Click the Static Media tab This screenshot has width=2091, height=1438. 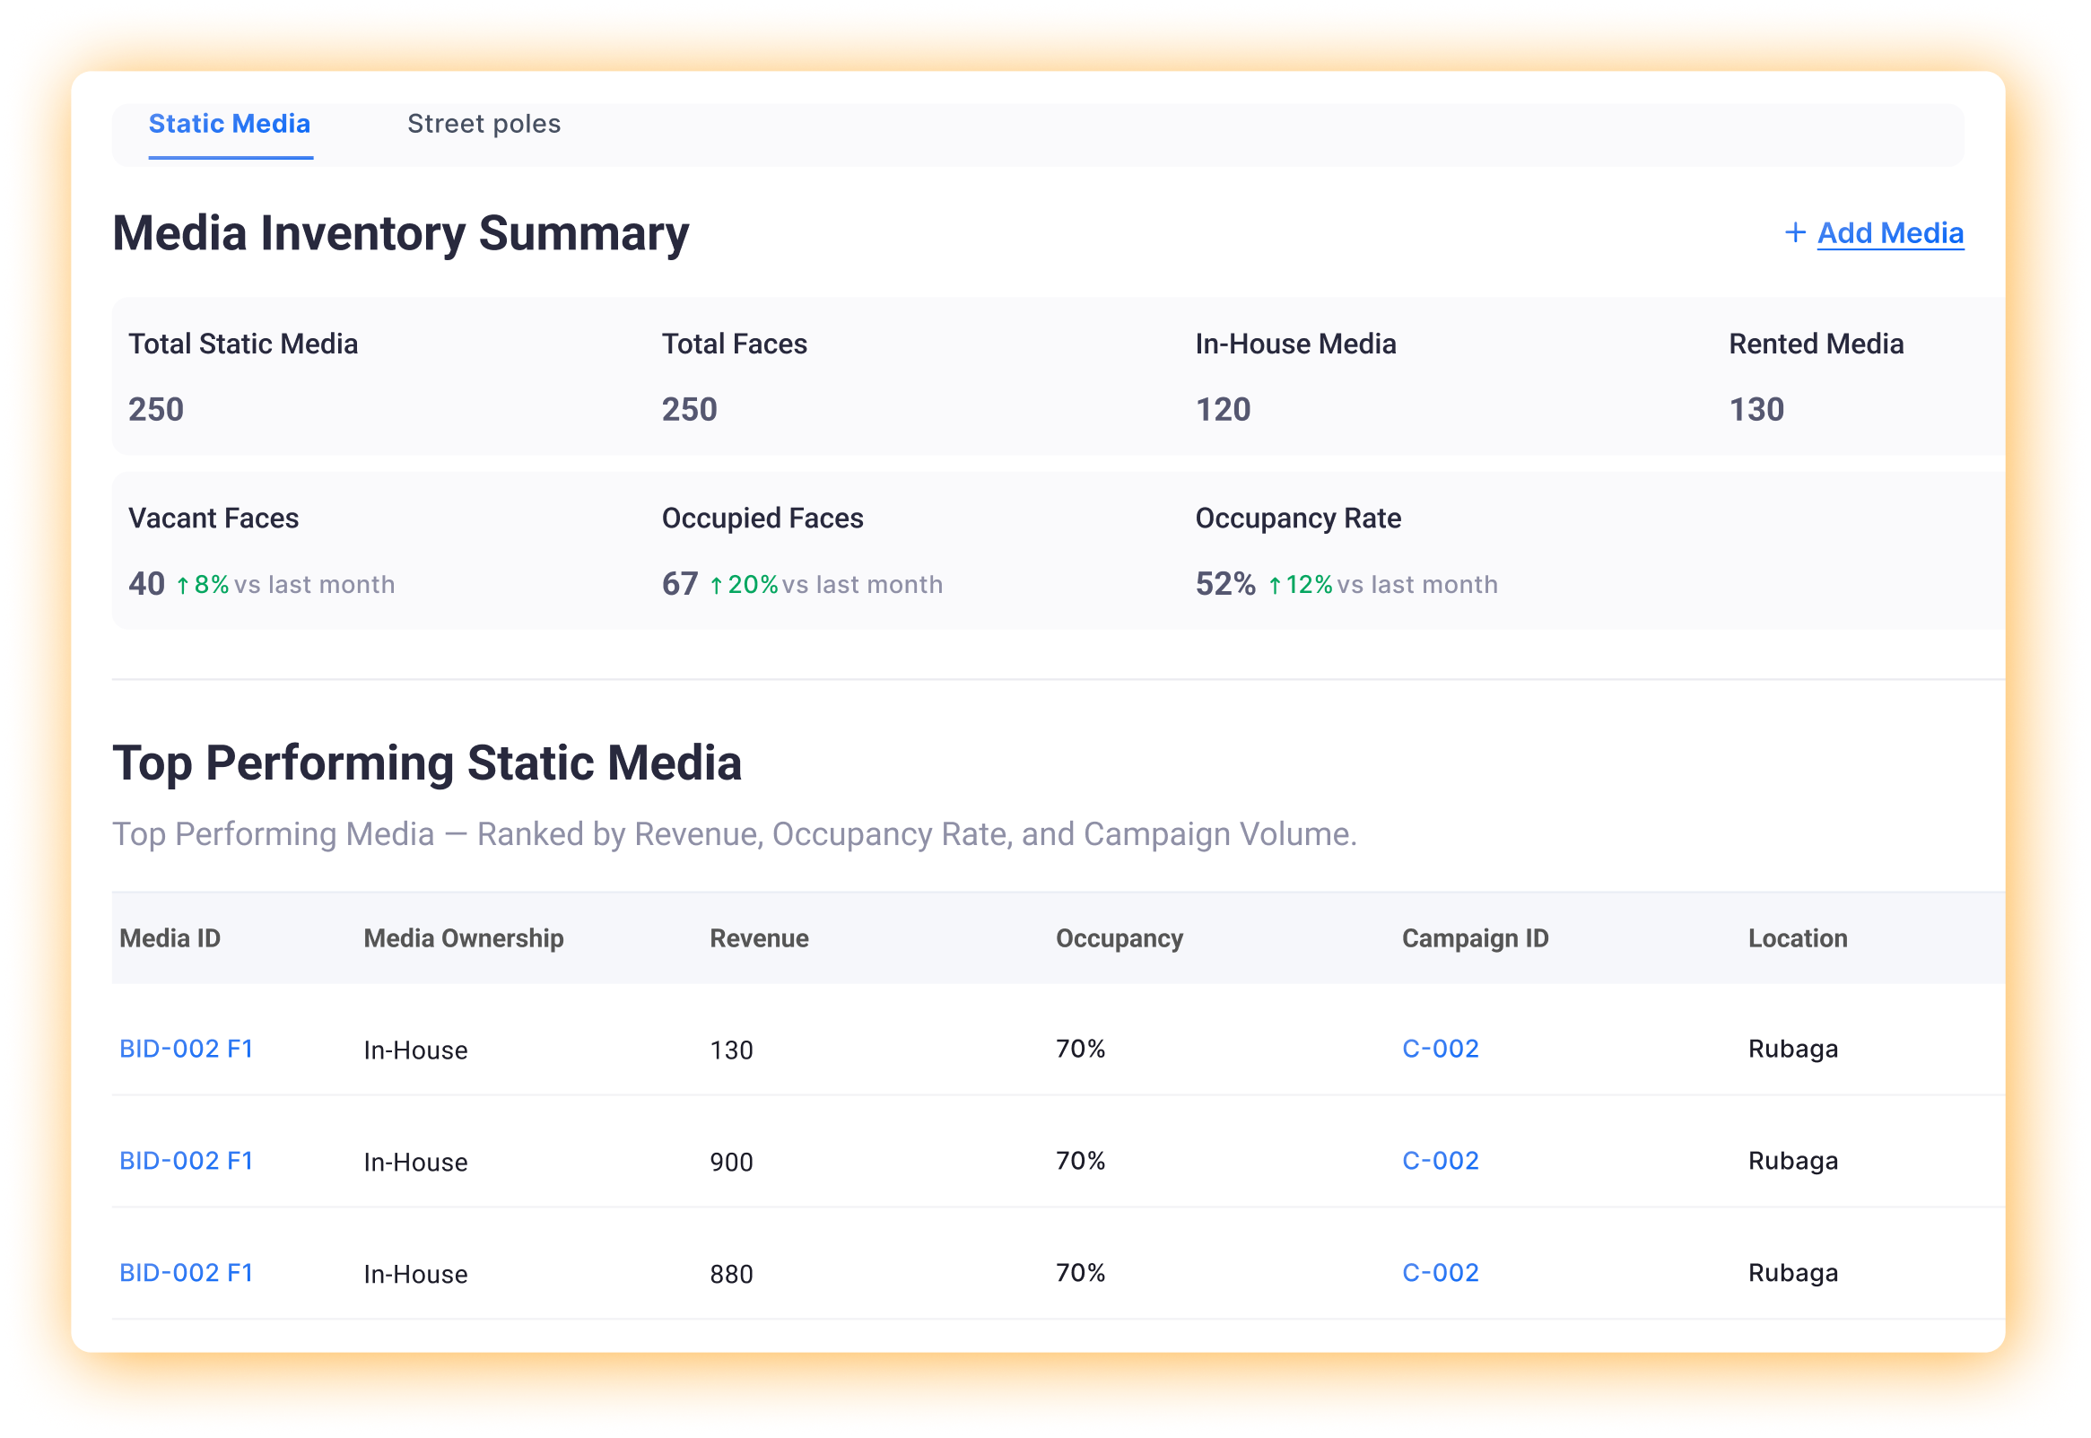tap(229, 125)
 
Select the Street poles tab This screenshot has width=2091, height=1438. tap(484, 125)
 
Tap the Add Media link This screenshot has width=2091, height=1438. tap(1889, 233)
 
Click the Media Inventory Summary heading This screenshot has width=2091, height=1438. tap(400, 233)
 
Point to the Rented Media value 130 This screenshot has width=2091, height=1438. tap(1756, 410)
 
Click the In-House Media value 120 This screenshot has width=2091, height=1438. tap(1223, 410)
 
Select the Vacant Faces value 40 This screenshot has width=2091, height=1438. tap(147, 584)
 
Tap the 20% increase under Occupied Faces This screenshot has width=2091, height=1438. tap(744, 585)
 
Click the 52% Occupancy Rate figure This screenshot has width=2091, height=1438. tap(1225, 584)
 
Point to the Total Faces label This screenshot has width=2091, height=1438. tap(735, 344)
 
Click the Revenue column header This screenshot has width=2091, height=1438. tap(759, 939)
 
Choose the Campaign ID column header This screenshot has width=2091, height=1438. tap(1475, 939)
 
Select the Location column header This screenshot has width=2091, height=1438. tap(1798, 939)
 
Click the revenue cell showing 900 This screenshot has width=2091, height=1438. tap(730, 1163)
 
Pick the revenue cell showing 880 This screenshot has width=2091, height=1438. tap(730, 1274)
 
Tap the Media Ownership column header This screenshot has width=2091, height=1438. tap(463, 939)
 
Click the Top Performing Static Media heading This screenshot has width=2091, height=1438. tap(427, 763)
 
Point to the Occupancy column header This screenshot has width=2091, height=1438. tap(1119, 939)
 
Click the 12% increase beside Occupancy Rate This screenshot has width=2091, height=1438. tap(1300, 585)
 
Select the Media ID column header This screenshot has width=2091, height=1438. tap(170, 939)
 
